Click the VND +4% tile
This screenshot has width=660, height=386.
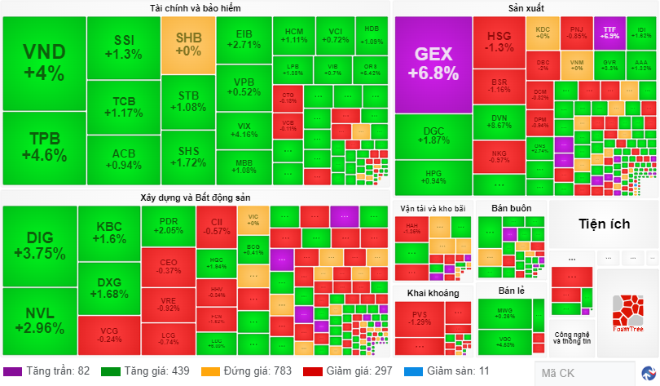coord(43,63)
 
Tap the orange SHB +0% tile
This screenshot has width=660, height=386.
coord(188,45)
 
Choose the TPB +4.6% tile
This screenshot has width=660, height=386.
coord(43,148)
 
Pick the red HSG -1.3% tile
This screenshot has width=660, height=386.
coord(499,42)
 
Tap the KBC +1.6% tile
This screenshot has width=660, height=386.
coord(109,233)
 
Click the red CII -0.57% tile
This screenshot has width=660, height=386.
coord(216,226)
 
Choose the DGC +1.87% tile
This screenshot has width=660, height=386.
coord(433,135)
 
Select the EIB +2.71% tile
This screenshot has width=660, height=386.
coord(243,39)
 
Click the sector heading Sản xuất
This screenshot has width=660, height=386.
coord(526,8)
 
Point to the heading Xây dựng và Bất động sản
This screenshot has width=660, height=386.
coord(195,197)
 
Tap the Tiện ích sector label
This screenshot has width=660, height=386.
coord(604,224)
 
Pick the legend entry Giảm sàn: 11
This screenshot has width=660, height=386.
coord(453,371)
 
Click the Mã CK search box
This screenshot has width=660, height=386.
coord(583,373)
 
